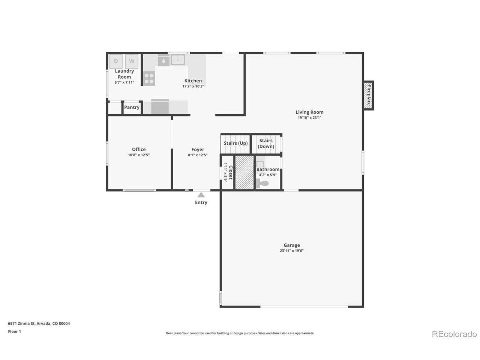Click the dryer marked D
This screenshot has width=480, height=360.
pos(116,61)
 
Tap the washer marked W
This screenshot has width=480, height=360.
pos(132,61)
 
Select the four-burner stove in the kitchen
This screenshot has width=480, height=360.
pos(149,78)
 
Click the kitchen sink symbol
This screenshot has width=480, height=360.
pos(178,60)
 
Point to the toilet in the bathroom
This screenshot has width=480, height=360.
pos(262,183)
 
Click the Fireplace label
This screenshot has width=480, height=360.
pos(369,95)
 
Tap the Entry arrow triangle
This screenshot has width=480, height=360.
pos(201,195)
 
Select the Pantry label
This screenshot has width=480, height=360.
pos(132,107)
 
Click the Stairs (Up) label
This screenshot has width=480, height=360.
pos(236,143)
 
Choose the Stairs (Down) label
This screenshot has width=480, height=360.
pos(266,143)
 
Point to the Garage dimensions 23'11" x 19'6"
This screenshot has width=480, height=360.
pos(292,251)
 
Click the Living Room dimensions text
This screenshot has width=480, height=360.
pos(309,118)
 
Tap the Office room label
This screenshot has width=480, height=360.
pos(139,149)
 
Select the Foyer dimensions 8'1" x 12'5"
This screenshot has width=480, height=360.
pos(198,155)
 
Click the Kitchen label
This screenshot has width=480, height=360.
pos(193,81)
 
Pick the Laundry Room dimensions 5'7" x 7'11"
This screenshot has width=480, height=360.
pos(124,82)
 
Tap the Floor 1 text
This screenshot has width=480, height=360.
pos(14,331)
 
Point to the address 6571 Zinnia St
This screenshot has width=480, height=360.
pos(21,324)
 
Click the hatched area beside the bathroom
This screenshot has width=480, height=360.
pos(244,172)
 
